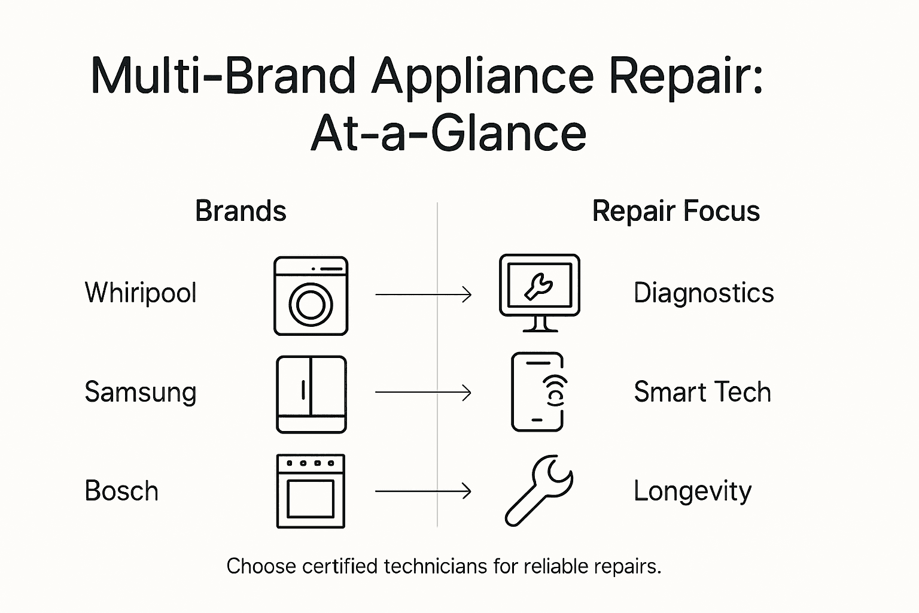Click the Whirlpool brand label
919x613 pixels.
[x=141, y=293]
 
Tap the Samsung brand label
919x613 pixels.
[x=141, y=392]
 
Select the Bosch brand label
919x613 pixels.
[x=121, y=491]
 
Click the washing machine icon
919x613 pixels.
[x=311, y=296]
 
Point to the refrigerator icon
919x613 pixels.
[x=311, y=394]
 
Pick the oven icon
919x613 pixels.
[x=311, y=491]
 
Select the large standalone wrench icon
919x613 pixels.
[x=538, y=491]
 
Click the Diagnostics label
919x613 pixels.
[x=704, y=293]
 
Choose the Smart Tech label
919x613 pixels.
[x=702, y=392]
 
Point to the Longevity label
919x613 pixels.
[x=692, y=491]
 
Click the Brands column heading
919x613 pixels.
[x=241, y=211]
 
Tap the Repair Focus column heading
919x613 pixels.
[x=675, y=211]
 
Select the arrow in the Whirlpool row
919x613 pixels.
[x=423, y=295]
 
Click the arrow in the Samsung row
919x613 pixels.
[x=423, y=393]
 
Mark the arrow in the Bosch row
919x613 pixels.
[x=423, y=491]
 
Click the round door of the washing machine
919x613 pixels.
[x=311, y=305]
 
